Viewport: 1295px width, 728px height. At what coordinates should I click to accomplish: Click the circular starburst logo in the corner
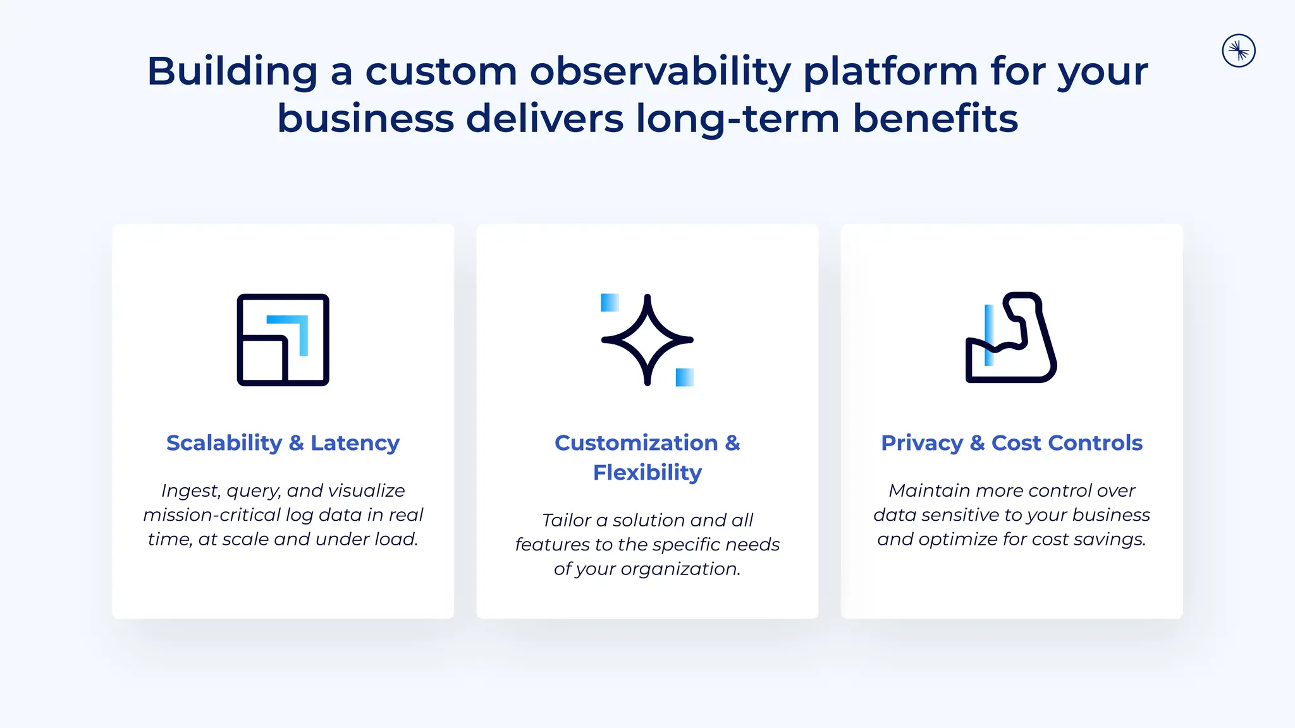(1238, 51)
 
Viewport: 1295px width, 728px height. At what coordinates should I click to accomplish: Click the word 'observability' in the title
(660, 71)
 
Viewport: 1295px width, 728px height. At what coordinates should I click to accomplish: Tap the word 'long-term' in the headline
(737, 118)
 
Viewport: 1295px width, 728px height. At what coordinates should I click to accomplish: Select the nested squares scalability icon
(283, 339)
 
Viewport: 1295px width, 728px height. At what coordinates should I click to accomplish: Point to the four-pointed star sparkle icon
(647, 339)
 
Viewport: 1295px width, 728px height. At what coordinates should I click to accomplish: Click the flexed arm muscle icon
(1011, 337)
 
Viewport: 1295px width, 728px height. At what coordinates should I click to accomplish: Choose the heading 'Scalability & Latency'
(283, 442)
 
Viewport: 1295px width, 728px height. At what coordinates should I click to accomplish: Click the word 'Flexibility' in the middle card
(647, 472)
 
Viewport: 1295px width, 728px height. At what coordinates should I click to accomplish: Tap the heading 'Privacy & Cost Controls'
(1011, 442)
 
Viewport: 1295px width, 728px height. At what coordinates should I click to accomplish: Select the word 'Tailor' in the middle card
(566, 520)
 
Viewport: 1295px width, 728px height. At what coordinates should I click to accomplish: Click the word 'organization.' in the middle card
(680, 569)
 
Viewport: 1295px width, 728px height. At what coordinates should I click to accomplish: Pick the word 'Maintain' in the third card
(928, 490)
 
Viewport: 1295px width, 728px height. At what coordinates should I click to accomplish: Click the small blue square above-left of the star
(610, 302)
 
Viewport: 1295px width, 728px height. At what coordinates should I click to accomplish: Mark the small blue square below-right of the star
(685, 377)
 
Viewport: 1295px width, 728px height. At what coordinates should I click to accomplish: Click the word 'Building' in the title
(232, 71)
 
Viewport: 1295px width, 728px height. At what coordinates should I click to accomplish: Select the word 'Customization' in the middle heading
(636, 442)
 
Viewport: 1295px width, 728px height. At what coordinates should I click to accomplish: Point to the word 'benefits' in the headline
(935, 118)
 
